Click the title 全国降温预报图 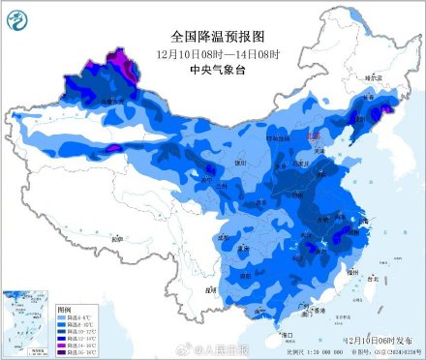211,34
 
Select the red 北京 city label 313,137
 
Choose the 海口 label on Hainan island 286,334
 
